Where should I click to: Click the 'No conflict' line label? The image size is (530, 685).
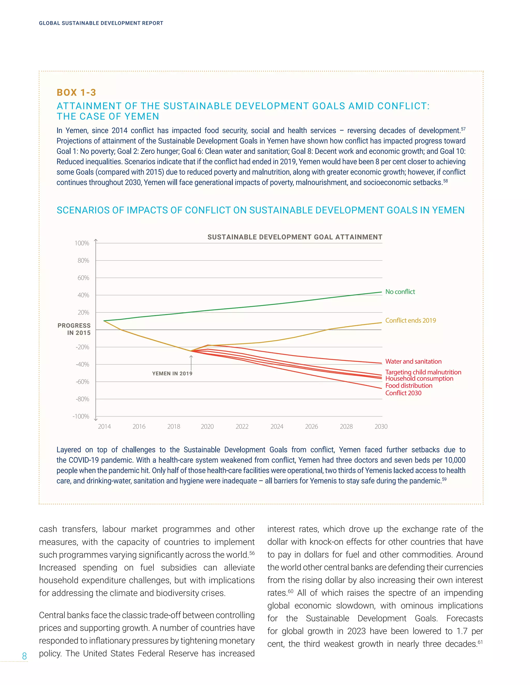400,292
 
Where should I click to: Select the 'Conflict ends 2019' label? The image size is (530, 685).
410,320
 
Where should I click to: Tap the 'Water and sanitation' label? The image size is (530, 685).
413,361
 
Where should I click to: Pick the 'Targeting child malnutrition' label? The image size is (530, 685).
423,372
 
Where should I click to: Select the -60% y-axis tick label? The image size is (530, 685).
82,382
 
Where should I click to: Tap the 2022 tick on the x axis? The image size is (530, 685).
242,427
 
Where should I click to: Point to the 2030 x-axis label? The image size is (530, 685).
381,427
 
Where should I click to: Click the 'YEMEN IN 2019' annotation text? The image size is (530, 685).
172,374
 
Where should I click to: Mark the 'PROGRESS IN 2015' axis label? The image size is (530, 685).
74,329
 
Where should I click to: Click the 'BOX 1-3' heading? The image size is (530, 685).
76,93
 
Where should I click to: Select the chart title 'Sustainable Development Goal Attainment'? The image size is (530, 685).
295,237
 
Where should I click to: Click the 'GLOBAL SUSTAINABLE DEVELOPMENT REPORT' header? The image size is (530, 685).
101,23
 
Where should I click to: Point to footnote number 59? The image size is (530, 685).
444,479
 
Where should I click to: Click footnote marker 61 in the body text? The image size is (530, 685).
480,642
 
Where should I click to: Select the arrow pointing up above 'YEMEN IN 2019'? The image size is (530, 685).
191,363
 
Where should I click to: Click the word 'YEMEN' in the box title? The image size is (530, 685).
142,116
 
